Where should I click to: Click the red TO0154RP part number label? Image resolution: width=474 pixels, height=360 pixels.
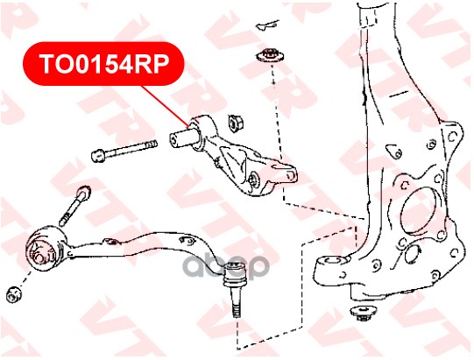103,64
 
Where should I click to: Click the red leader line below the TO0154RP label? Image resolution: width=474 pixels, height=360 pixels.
166,105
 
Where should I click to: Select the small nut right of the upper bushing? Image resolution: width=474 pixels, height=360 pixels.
235,122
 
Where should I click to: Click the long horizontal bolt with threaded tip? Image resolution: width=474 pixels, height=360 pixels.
124,151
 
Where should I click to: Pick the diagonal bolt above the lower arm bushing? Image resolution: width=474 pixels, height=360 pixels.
75,206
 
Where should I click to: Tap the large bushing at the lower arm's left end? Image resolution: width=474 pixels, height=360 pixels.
46,250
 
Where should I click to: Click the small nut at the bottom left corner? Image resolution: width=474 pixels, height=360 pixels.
14,294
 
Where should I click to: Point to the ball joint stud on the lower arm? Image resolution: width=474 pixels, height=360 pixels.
235,290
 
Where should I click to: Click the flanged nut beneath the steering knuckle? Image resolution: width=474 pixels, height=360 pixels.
362,314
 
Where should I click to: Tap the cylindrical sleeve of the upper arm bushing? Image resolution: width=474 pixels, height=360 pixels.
182,138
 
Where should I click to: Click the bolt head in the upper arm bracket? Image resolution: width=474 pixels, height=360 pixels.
254,178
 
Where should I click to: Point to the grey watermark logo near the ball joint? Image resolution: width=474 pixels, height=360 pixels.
226,266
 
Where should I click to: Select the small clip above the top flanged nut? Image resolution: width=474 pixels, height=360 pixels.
268,25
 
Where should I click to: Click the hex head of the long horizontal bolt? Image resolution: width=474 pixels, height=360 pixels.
98,155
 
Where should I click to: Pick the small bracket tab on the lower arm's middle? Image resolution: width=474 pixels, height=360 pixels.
110,242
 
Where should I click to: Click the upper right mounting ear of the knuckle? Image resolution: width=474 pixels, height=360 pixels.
452,135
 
